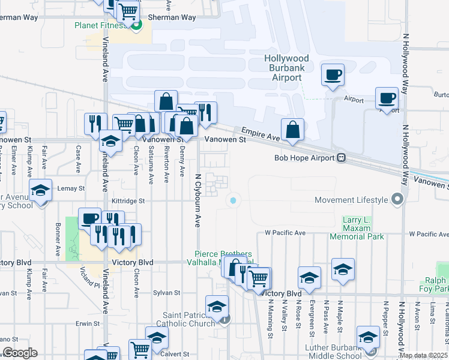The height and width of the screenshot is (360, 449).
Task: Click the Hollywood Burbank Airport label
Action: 286,68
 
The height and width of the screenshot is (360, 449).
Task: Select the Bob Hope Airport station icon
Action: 341,158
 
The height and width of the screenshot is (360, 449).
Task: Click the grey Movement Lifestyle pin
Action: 396,199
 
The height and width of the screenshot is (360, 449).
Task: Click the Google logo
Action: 19,352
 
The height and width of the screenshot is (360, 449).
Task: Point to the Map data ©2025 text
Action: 423,355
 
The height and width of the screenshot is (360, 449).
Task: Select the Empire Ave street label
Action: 261,133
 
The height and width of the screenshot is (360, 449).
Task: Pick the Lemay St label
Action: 71,188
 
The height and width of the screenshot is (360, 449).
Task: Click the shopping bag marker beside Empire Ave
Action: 292,130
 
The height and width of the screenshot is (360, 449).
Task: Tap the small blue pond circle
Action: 233,200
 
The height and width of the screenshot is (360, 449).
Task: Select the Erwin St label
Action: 88,323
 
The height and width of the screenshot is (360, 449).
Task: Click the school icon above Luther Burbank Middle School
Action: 368,336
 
